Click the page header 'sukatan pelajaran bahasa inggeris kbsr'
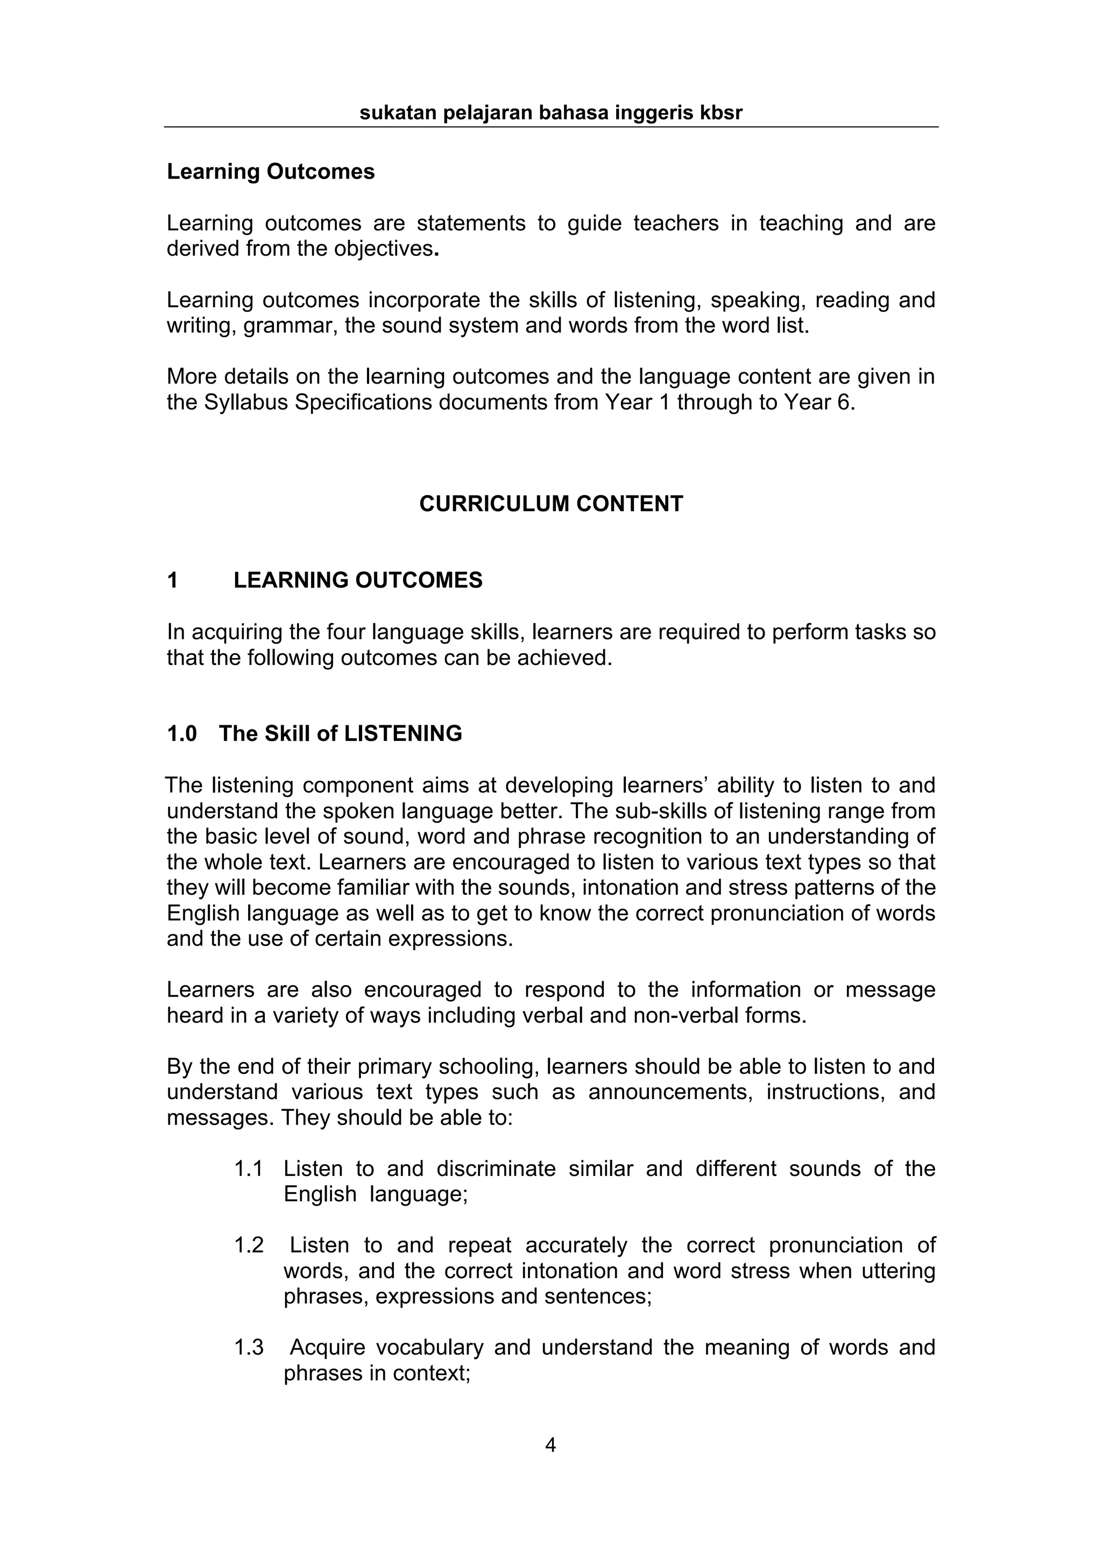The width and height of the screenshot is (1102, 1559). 550,113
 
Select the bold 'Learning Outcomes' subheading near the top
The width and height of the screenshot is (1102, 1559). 270,172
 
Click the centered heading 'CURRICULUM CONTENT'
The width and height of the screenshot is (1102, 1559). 550,504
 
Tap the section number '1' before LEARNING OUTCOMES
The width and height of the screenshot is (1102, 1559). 173,580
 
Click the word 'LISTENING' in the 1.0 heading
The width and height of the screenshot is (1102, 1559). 404,734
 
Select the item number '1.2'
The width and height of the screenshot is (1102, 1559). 249,1245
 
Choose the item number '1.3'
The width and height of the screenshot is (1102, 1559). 249,1347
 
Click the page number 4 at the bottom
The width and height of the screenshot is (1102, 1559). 550,1445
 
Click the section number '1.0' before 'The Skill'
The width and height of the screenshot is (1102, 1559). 182,734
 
